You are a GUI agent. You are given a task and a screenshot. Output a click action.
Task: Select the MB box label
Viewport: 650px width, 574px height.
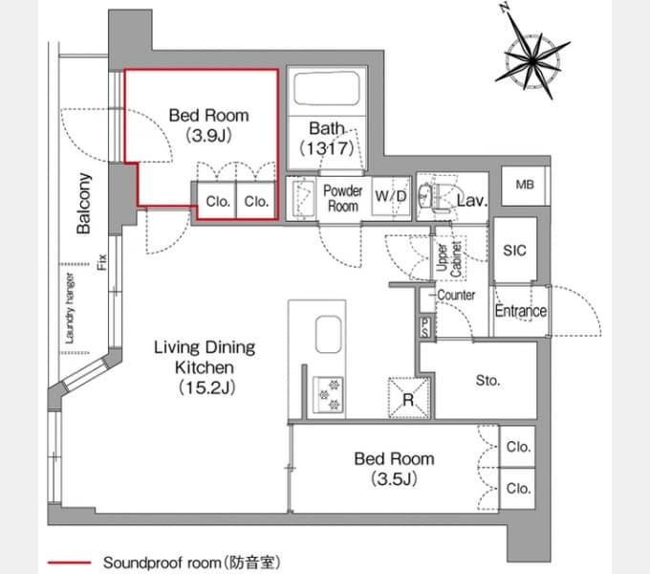pyautogui.click(x=525, y=185)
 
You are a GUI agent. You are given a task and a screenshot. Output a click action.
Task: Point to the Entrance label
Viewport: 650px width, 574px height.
pyautogui.click(x=520, y=311)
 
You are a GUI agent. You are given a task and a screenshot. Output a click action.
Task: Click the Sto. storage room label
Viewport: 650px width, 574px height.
pyautogui.click(x=487, y=380)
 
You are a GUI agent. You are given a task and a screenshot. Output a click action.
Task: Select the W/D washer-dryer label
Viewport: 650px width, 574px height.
pyautogui.click(x=390, y=196)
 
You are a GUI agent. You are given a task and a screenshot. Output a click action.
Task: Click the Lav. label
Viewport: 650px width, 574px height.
pyautogui.click(x=472, y=201)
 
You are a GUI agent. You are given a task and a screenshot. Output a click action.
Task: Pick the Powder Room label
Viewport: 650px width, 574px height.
pyautogui.click(x=342, y=198)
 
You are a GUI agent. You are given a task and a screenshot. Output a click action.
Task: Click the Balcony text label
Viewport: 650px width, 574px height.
pyautogui.click(x=84, y=204)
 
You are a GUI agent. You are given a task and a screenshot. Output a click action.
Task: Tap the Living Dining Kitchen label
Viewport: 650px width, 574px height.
pyautogui.click(x=205, y=367)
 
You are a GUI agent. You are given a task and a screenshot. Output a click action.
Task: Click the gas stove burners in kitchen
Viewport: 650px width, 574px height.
pyautogui.click(x=329, y=392)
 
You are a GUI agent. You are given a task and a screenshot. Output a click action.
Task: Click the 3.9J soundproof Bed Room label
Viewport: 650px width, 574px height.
pyautogui.click(x=207, y=125)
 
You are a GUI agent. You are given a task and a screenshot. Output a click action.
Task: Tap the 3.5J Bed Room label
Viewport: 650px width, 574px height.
pyautogui.click(x=394, y=468)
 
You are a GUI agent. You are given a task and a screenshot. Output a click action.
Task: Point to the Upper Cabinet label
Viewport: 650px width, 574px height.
pyautogui.click(x=448, y=258)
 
